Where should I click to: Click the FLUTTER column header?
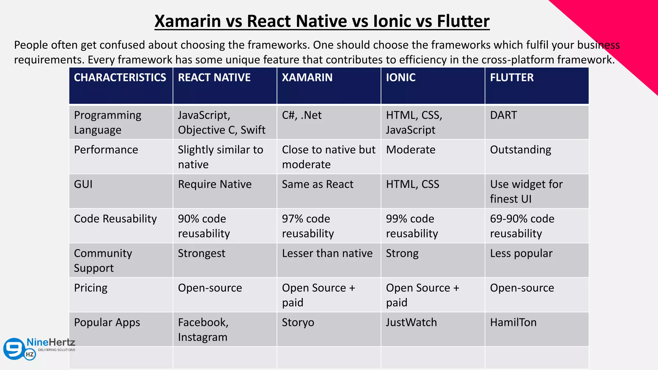click(511, 78)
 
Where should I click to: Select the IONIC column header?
click(401, 78)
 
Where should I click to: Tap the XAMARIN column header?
click(307, 78)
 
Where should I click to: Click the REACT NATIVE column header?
click(214, 78)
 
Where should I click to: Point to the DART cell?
click(503, 115)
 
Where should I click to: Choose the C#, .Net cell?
click(302, 115)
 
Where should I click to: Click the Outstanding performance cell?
click(520, 150)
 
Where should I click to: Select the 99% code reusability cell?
click(412, 226)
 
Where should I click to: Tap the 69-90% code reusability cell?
click(522, 226)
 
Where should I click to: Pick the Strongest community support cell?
click(201, 253)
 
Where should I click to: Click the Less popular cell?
click(521, 253)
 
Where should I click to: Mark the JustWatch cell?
click(411, 322)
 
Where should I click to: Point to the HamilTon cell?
click(513, 322)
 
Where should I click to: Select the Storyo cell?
click(298, 322)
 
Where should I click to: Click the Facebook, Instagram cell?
click(203, 330)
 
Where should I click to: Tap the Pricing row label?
click(91, 288)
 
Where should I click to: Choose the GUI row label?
click(83, 184)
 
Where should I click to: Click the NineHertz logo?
click(39, 348)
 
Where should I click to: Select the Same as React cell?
click(317, 184)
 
